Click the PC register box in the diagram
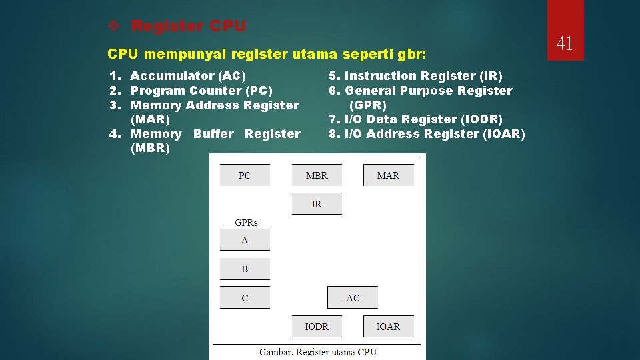(245, 175)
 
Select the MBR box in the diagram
(317, 175)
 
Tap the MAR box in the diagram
(388, 175)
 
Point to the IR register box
(317, 204)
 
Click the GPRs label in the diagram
(245, 223)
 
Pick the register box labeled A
(245, 240)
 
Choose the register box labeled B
(245, 269)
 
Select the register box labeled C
(245, 298)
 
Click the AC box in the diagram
(353, 298)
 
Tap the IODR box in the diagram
(317, 327)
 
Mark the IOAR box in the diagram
(388, 327)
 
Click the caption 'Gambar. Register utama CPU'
(317, 352)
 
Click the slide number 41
(565, 44)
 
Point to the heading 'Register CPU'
(189, 26)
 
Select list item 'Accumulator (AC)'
(188, 76)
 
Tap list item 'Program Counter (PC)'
(201, 91)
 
